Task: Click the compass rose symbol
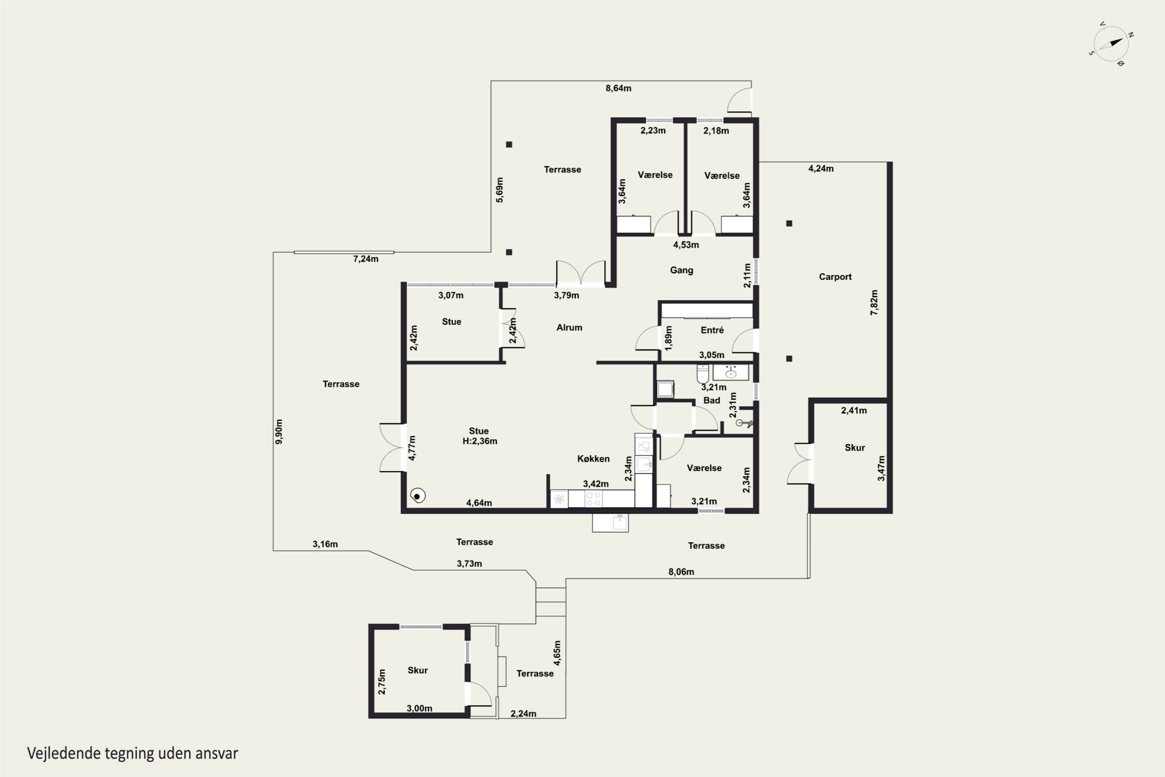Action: pyautogui.click(x=1111, y=44)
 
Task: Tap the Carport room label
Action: pyautogui.click(x=835, y=277)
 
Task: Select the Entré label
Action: pyautogui.click(x=712, y=330)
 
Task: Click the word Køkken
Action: pyautogui.click(x=593, y=459)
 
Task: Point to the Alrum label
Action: pyautogui.click(x=569, y=328)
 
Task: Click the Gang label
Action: pyautogui.click(x=682, y=270)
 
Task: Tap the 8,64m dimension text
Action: pyautogui.click(x=618, y=88)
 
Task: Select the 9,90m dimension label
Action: pyautogui.click(x=279, y=432)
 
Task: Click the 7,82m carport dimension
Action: pyautogui.click(x=874, y=302)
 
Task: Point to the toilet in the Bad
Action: pyautogui.click(x=703, y=374)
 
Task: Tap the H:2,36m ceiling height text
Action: pyautogui.click(x=480, y=441)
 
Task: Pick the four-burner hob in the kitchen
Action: pyautogui.click(x=593, y=499)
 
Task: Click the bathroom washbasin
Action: pyautogui.click(x=730, y=373)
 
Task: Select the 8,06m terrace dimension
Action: pyautogui.click(x=681, y=572)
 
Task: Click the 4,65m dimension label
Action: pyautogui.click(x=557, y=653)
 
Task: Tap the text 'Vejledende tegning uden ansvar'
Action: pyautogui.click(x=133, y=754)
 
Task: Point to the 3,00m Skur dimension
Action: pyautogui.click(x=419, y=708)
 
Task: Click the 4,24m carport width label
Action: pyautogui.click(x=821, y=169)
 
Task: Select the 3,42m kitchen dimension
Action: pyautogui.click(x=595, y=484)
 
